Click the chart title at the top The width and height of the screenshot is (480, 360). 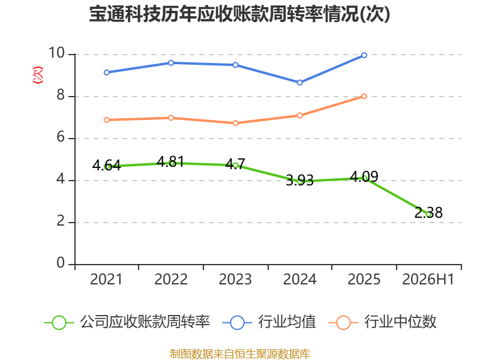tap(239, 14)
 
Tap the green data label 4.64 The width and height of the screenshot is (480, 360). tap(107, 166)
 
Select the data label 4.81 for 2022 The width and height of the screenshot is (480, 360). tap(170, 161)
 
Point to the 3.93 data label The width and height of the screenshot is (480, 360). tap(299, 180)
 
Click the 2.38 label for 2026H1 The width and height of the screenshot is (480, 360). tap(428, 212)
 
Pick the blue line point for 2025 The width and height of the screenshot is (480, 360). tap(364, 55)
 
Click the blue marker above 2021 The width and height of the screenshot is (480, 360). tap(107, 73)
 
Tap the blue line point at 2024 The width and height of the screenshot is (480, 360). tap(299, 83)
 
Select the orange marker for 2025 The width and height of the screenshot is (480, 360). tap(364, 96)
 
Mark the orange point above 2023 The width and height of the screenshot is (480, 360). tap(235, 123)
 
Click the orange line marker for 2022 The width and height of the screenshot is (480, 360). tap(171, 118)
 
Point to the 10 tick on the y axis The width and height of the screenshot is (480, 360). tap(57, 53)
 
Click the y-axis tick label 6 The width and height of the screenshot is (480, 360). tap(61, 137)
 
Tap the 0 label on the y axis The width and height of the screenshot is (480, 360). tap(61, 263)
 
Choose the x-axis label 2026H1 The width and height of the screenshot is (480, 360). tap(428, 280)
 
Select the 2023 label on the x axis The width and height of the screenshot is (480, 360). tap(235, 280)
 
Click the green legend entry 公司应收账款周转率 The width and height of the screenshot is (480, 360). tap(127, 322)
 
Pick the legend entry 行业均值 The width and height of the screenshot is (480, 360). tap(269, 322)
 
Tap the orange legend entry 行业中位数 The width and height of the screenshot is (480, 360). tap(382, 322)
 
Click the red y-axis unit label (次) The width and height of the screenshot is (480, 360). tap(38, 75)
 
